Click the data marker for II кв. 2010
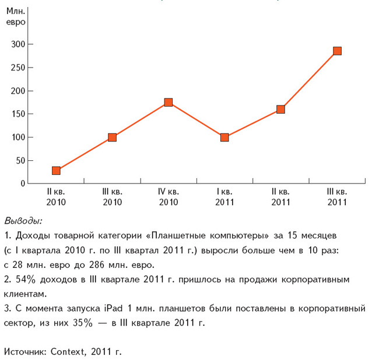pos(56,171)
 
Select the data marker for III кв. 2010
pos(112,137)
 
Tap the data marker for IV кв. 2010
pos(169,103)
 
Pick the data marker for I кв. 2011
pos(224,137)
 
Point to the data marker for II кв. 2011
pos(280,109)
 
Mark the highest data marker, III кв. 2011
pos(337,51)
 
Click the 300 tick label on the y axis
pos(19,44)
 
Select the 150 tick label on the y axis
pos(19,114)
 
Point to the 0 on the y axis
pos(23,184)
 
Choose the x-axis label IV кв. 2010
pos(169,197)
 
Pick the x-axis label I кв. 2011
pos(224,197)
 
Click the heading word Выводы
pos(23,221)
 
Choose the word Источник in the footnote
pos(24,352)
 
